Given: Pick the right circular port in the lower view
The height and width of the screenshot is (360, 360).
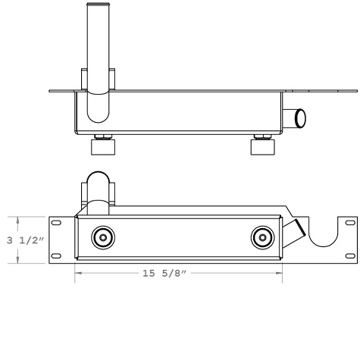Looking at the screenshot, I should (262, 237).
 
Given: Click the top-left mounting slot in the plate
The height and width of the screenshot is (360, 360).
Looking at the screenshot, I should (56, 223).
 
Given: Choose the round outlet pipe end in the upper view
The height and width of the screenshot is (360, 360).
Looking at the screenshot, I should (300, 117).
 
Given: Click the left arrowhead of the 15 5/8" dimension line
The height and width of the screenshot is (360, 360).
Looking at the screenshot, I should (77, 273).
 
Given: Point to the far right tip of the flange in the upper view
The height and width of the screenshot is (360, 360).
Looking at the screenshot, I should (357, 92).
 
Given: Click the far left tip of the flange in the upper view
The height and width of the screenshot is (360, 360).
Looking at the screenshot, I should (49, 92).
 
